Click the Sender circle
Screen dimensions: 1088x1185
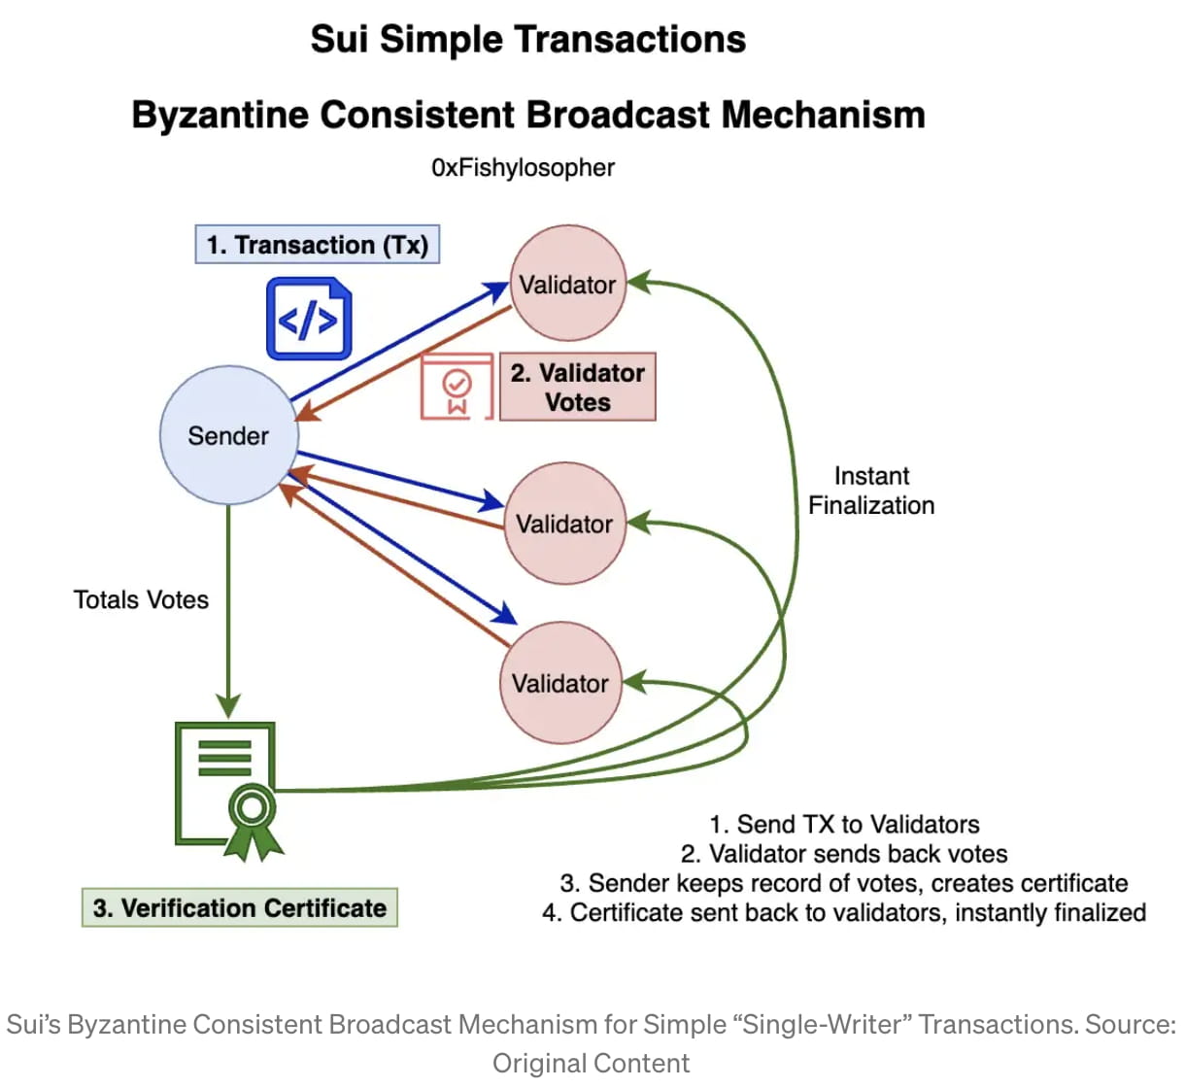(228, 435)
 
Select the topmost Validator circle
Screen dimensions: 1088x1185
(568, 284)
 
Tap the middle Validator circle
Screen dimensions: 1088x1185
(564, 524)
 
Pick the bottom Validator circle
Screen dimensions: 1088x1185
(560, 683)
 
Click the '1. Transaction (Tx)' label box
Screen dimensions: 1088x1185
(318, 245)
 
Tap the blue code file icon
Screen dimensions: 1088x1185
(309, 319)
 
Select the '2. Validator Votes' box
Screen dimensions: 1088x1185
(578, 387)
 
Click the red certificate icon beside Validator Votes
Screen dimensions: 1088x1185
(457, 387)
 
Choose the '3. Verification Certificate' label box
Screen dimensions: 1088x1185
(240, 907)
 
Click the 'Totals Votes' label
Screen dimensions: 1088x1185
(141, 599)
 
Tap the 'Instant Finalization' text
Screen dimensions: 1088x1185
(871, 491)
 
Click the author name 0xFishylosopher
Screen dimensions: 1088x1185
(523, 168)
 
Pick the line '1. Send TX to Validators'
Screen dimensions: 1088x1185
(844, 824)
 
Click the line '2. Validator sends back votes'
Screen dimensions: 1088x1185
(844, 854)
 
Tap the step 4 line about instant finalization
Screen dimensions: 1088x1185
(844, 913)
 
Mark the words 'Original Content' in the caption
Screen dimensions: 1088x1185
(591, 1063)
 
